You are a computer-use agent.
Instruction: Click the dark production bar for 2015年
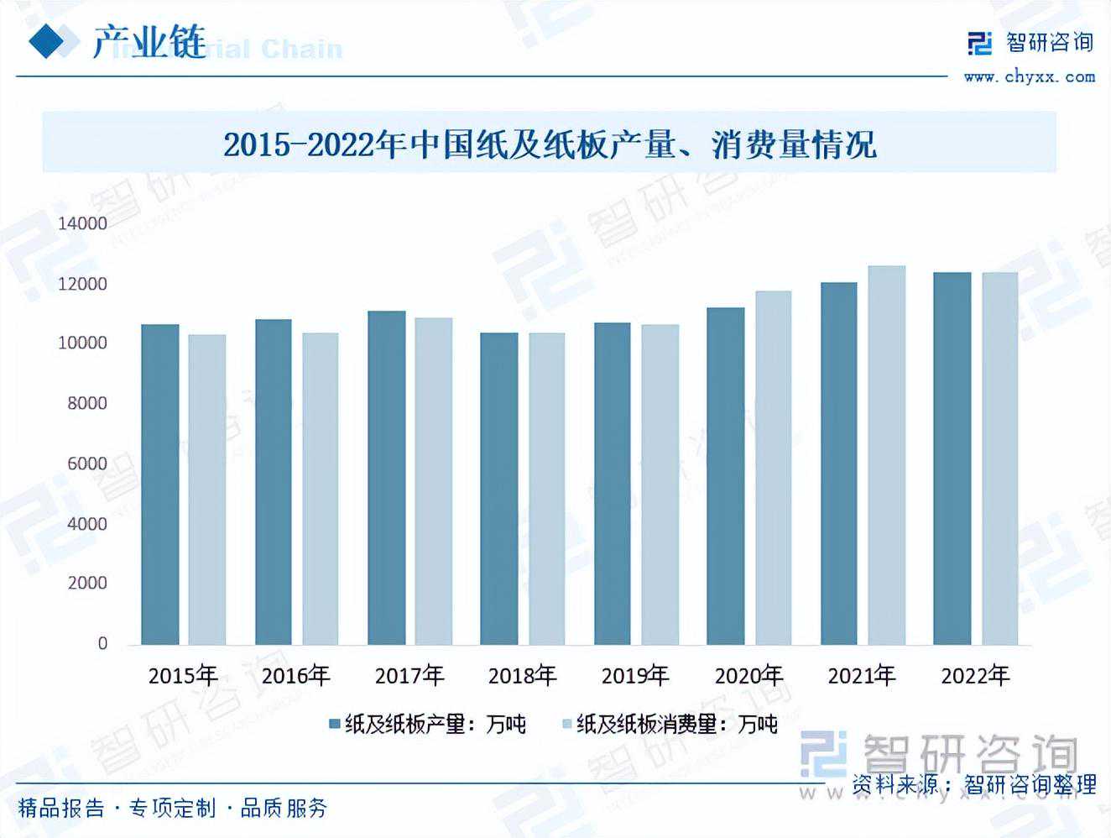[159, 484]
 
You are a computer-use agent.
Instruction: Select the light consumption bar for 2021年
[886, 455]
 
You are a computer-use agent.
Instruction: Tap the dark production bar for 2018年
[498, 489]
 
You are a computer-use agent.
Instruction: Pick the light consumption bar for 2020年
[773, 468]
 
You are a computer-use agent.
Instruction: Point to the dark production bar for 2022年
[952, 458]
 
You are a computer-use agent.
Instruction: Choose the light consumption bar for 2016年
[321, 489]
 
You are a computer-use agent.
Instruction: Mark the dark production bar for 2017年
[386, 478]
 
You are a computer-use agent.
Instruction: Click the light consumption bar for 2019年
[660, 484]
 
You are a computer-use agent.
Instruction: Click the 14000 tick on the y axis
[82, 223]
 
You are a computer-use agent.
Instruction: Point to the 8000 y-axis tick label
[87, 403]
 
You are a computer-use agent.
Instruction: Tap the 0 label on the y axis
[102, 643]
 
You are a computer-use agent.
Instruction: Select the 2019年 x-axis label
[635, 675]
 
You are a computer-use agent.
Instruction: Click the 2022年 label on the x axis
[975, 675]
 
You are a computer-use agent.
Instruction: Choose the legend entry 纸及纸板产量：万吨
[427, 724]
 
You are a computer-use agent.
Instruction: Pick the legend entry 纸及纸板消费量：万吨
[669, 724]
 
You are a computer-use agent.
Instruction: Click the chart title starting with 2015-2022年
[550, 144]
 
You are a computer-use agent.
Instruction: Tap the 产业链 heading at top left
[149, 42]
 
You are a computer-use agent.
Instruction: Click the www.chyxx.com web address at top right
[1029, 77]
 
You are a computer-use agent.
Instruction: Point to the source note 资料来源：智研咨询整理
[973, 784]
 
